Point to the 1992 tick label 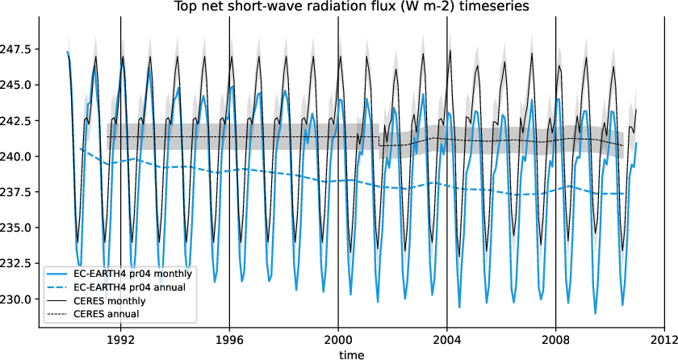121,340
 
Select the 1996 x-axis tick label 229,340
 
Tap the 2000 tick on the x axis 338,340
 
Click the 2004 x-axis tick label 447,340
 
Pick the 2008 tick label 555,340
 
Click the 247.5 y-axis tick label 18,49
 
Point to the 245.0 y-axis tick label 18,85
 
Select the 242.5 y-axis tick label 18,120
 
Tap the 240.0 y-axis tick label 18,156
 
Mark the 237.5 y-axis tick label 18,192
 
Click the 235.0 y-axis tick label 18,228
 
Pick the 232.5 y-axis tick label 18,263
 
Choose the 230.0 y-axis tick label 18,299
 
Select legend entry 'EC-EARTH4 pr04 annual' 129,287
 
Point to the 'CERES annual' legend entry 106,313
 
